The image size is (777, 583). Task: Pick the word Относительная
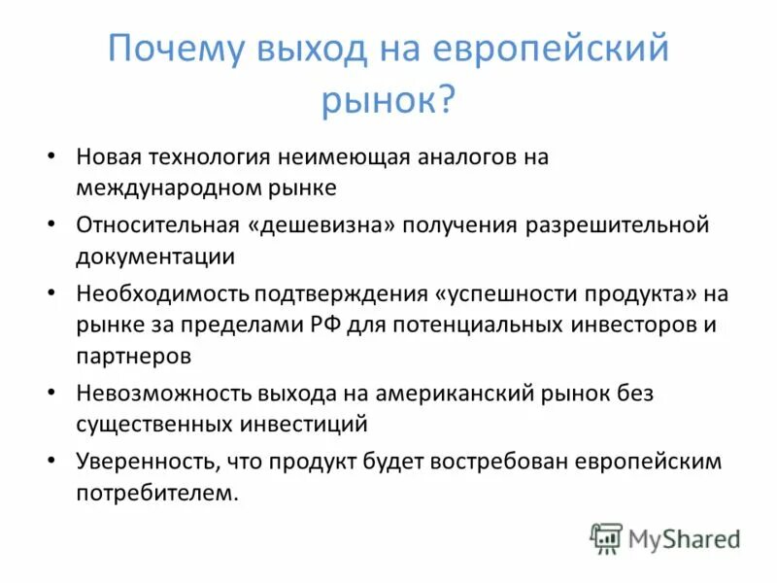157,224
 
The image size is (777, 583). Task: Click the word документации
155,257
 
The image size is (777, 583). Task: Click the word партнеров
133,356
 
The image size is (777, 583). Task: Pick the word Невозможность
164,393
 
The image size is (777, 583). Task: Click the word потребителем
155,493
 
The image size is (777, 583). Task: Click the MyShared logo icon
606,538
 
